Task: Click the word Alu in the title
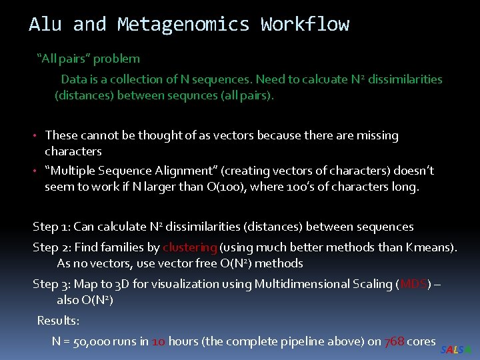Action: point(46,25)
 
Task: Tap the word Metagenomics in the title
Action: point(183,25)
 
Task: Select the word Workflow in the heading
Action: point(305,25)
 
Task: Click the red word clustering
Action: point(190,247)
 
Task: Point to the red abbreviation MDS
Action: point(413,284)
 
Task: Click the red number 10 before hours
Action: point(159,341)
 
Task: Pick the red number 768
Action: point(395,341)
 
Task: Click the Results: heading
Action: point(59,321)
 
